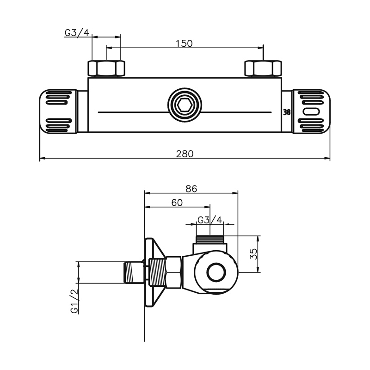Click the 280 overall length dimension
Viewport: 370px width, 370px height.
[185, 154]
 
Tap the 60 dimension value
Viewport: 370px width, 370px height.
[177, 202]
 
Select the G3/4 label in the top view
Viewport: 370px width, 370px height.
[77, 32]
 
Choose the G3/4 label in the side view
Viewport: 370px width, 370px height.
[210, 219]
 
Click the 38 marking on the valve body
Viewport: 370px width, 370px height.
[287, 112]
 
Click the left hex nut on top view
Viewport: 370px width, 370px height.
[106, 68]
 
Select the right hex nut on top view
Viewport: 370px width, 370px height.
[263, 68]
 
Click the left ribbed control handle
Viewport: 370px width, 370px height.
[58, 111]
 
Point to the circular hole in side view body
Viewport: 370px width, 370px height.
[215, 272]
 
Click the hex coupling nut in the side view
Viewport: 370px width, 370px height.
[173, 273]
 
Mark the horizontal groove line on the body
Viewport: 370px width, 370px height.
[134, 112]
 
